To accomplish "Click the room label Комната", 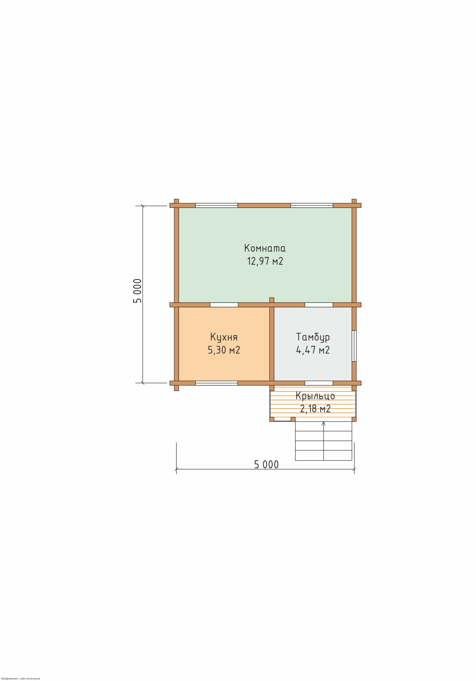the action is (x=265, y=248).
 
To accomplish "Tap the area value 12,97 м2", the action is (x=265, y=261).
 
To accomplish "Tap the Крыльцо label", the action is (x=315, y=396).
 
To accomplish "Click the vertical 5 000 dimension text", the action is (x=137, y=291).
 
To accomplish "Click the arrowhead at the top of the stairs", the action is (x=323, y=423).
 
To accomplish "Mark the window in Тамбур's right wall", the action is (x=354, y=346).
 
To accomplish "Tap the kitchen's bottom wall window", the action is (x=217, y=383).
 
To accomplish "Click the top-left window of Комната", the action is (x=217, y=205).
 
